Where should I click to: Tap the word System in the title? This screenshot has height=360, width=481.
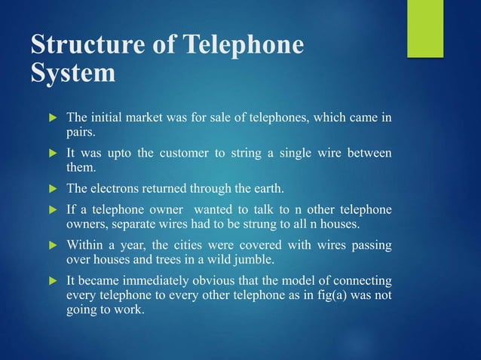pyautogui.click(x=74, y=74)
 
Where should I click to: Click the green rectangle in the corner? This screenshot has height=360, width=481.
pyautogui.click(x=425, y=28)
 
